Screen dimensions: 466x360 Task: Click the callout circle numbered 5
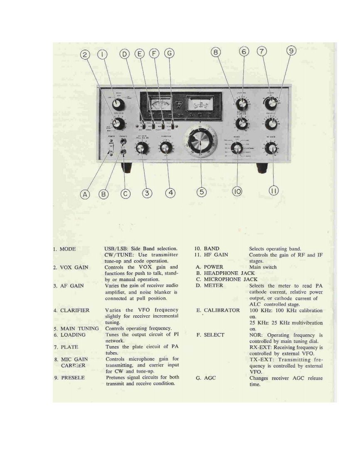tap(201, 192)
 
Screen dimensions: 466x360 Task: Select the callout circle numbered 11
tap(274, 191)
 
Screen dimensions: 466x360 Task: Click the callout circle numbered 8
tap(215, 53)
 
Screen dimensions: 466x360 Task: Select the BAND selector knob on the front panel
tap(237, 149)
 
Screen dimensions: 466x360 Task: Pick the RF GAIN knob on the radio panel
tap(271, 148)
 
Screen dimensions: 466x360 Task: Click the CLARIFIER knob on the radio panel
tap(167, 148)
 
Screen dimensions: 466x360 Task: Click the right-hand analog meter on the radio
tap(201, 102)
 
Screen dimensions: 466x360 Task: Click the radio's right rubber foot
tap(262, 168)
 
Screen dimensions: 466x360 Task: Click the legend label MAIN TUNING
tap(79, 329)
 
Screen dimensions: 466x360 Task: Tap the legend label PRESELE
tap(74, 378)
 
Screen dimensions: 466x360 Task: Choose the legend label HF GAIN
tap(216, 255)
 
